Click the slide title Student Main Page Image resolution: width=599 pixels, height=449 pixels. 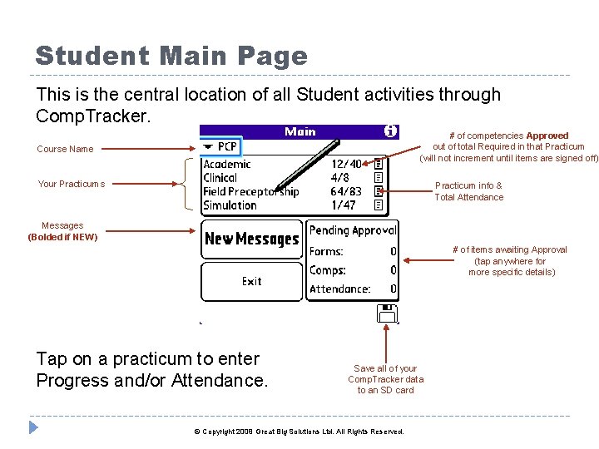click(171, 57)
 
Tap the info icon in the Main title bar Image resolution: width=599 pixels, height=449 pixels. click(390, 131)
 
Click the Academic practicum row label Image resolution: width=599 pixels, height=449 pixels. click(226, 165)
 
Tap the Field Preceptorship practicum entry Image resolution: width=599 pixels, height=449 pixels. click(250, 192)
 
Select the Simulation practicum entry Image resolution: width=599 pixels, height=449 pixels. click(230, 205)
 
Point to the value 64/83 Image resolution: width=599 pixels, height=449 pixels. click(346, 192)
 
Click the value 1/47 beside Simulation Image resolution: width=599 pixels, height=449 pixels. click(343, 205)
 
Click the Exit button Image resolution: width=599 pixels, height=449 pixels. click(251, 282)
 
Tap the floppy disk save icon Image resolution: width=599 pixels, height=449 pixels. click(387, 313)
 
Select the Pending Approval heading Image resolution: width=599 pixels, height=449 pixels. click(353, 230)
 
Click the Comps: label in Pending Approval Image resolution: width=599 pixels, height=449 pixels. click(327, 270)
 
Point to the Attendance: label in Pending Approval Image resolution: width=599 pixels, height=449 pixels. click(339, 289)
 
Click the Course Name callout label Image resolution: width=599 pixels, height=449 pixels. click(65, 150)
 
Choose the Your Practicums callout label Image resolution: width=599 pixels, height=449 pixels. click(71, 184)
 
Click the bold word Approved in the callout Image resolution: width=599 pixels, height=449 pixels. click(547, 136)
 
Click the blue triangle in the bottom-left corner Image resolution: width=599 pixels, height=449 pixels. click(33, 428)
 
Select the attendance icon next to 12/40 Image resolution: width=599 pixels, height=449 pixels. click(378, 165)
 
